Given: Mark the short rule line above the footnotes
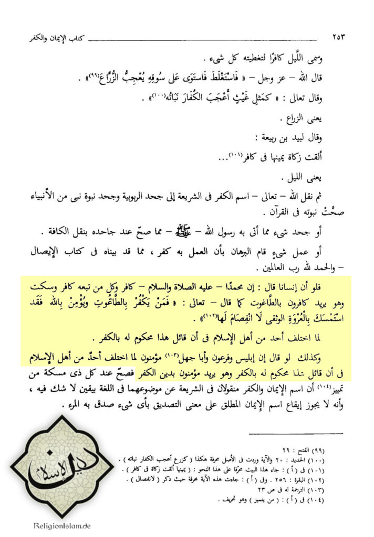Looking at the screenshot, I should coord(295,434).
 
